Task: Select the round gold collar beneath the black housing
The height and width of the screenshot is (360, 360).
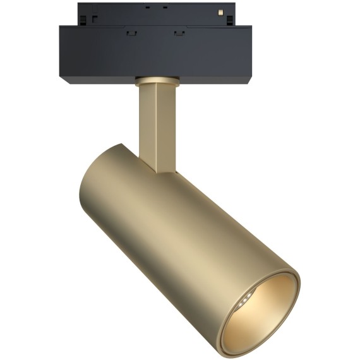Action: pos(155,81)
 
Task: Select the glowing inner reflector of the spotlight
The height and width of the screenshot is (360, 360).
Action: pos(268,313)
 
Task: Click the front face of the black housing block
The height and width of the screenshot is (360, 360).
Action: pos(155,54)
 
